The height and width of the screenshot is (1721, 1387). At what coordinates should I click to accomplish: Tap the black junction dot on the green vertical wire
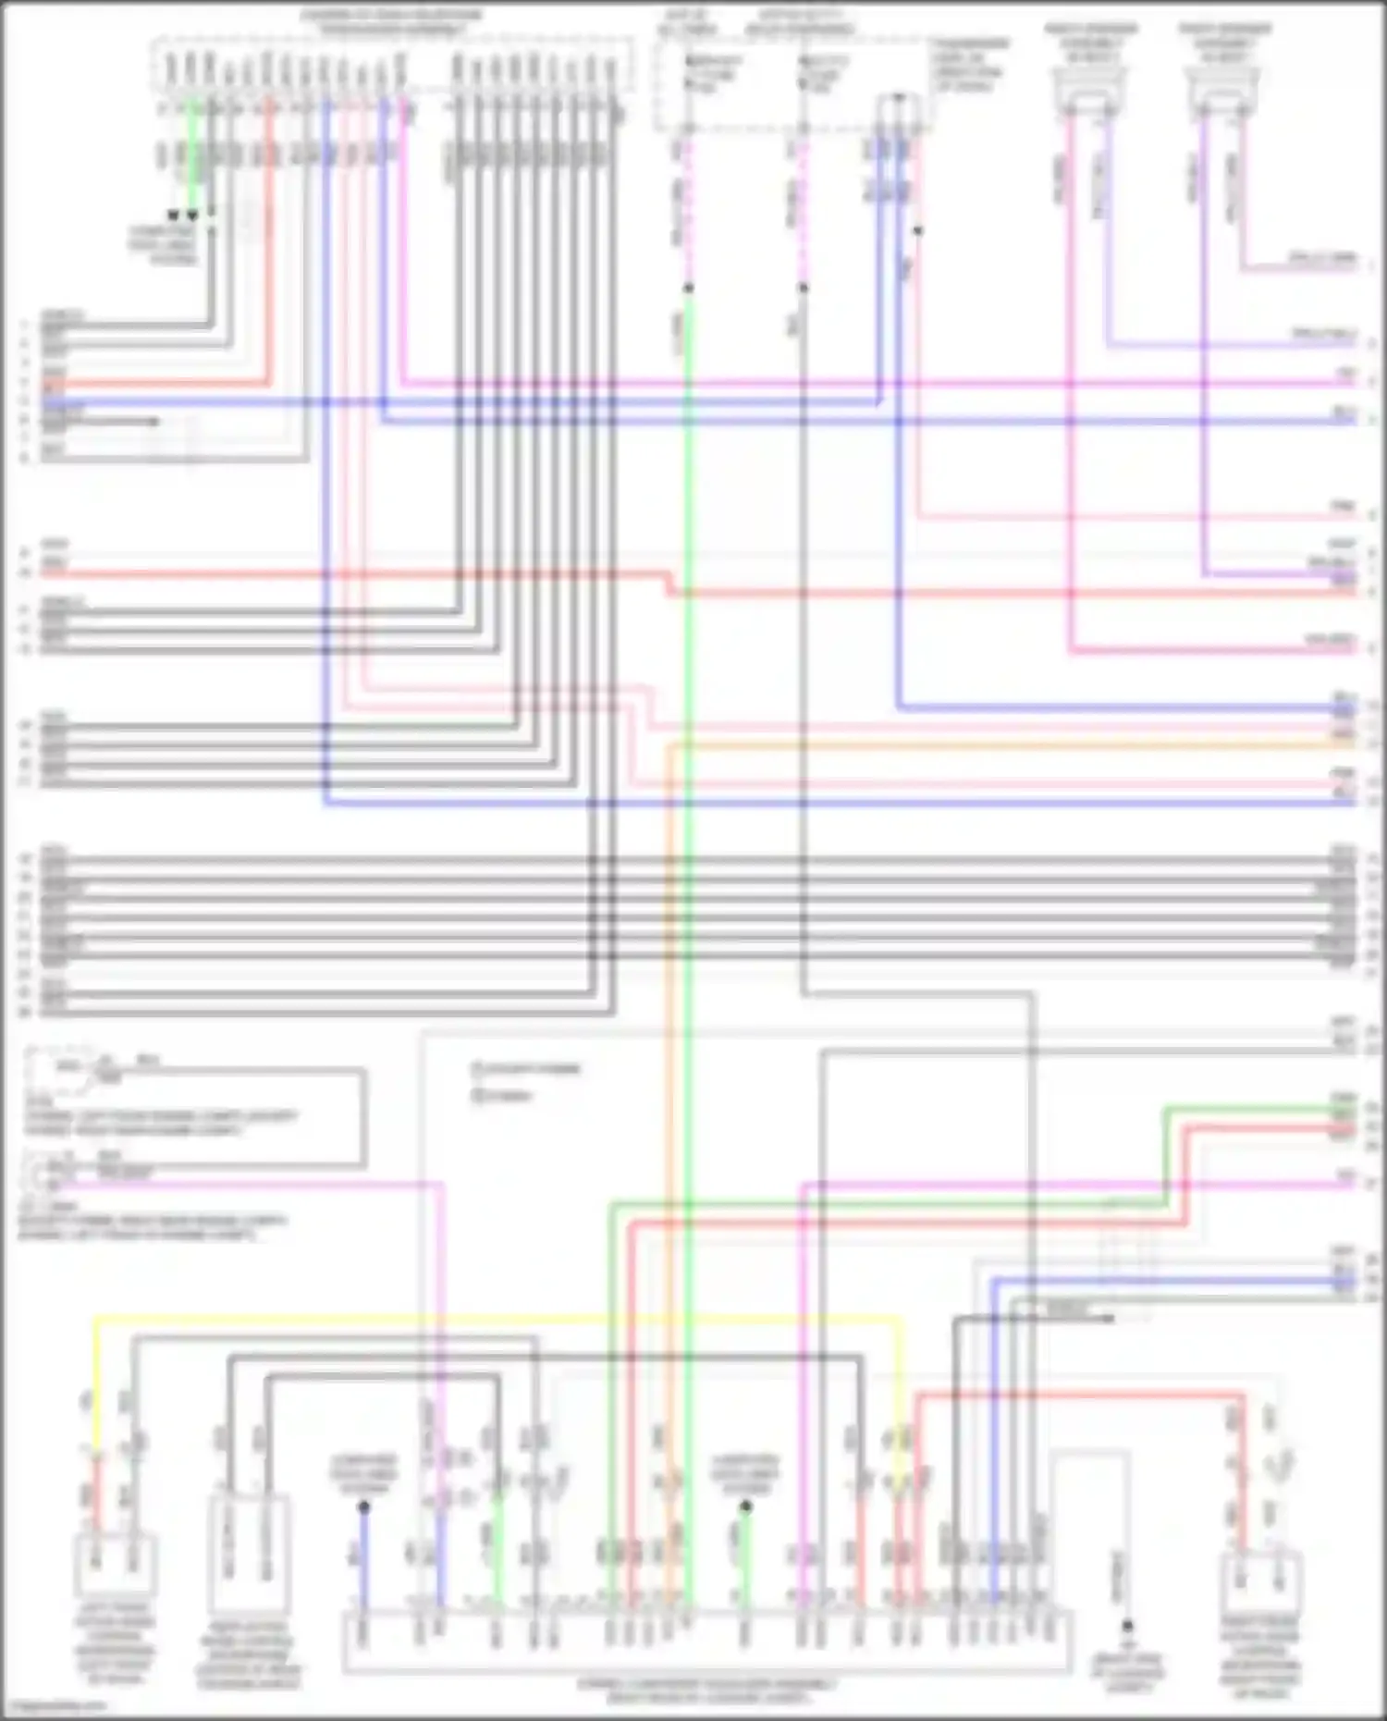[x=688, y=289]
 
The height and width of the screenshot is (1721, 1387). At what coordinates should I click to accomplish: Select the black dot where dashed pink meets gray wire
[x=803, y=289]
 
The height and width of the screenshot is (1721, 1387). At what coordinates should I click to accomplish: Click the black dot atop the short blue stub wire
[x=363, y=1507]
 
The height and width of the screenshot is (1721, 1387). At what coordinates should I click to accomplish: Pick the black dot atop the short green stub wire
[x=745, y=1507]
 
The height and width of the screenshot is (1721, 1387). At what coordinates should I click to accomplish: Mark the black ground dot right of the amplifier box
[x=1127, y=1625]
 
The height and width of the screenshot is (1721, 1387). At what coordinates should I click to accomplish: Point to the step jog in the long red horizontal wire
[x=669, y=584]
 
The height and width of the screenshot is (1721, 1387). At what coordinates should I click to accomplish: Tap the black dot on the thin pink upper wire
[x=917, y=230]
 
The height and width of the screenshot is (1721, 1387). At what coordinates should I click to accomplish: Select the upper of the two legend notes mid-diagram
[x=527, y=1069]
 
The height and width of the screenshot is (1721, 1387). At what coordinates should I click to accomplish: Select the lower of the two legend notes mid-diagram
[x=504, y=1096]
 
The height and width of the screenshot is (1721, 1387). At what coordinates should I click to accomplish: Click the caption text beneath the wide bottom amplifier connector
[x=707, y=1690]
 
